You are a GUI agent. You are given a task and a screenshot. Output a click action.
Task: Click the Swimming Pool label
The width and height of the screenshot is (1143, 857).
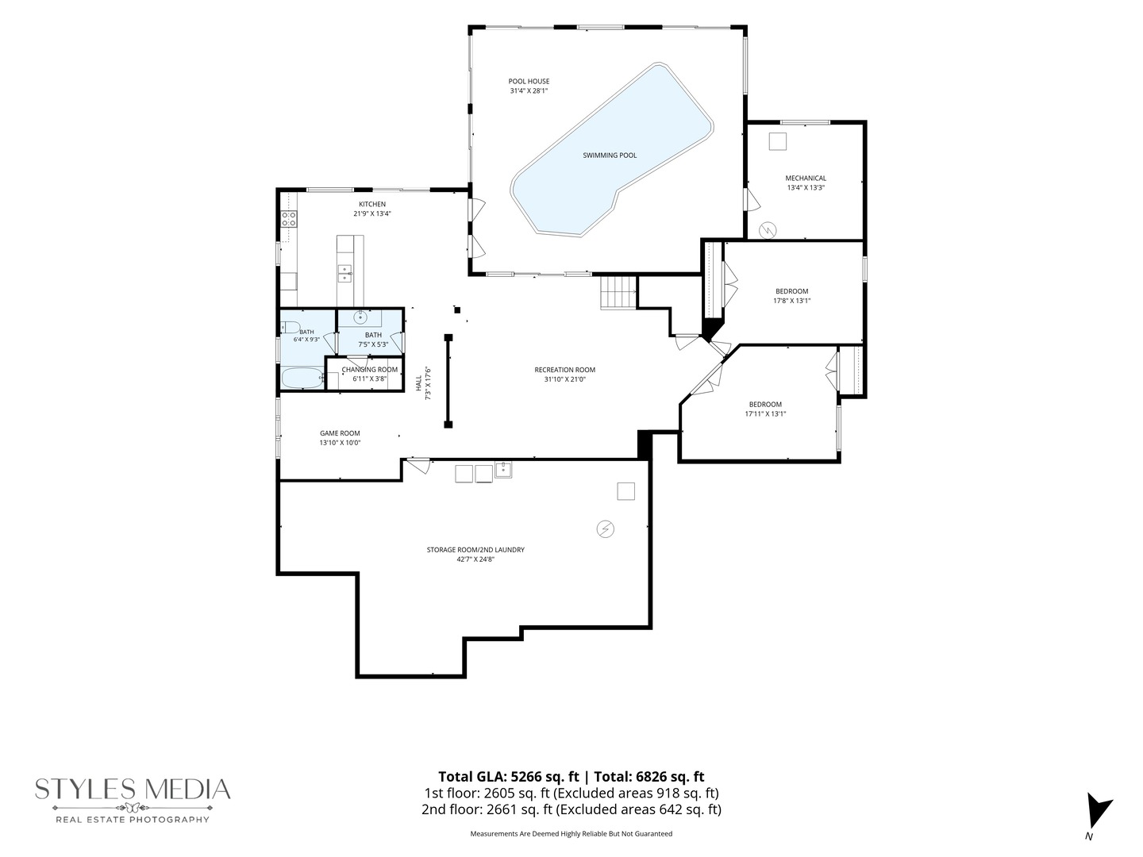(610, 155)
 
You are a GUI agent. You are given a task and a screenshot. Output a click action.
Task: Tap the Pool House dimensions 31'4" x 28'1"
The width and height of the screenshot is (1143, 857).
(529, 90)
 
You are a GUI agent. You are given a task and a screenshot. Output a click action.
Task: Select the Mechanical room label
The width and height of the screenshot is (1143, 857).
(806, 178)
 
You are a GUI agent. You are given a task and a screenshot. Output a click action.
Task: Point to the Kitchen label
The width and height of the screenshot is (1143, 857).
(371, 204)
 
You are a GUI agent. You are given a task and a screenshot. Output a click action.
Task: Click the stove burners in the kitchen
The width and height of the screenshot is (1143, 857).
(288, 218)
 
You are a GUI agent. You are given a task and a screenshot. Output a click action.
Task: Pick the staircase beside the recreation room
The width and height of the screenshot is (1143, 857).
(618, 292)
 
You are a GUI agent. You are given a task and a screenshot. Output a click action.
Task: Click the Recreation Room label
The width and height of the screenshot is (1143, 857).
(564, 370)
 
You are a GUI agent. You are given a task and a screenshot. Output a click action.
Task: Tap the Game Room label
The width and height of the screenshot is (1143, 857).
(340, 433)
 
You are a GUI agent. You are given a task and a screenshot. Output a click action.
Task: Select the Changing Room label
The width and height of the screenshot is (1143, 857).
(369, 370)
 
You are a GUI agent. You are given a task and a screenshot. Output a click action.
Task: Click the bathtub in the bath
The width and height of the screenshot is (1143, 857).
(302, 379)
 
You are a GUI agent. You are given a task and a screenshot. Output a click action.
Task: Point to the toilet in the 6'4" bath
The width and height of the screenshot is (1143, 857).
(291, 327)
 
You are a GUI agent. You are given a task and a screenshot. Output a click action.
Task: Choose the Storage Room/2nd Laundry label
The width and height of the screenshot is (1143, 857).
(475, 549)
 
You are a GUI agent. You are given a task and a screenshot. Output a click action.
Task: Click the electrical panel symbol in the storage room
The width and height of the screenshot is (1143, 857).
(605, 529)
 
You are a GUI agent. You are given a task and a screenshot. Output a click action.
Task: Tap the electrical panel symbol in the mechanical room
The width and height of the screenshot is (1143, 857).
(768, 230)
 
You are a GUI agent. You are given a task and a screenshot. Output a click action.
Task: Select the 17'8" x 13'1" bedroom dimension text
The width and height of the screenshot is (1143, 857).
(791, 300)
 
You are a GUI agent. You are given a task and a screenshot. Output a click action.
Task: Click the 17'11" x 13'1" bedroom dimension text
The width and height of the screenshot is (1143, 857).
(765, 413)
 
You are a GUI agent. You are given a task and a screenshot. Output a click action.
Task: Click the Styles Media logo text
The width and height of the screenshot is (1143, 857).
(133, 790)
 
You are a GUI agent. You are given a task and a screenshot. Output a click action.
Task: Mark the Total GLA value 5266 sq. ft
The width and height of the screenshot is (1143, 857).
(545, 777)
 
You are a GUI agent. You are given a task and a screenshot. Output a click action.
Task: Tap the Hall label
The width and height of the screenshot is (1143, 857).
(418, 383)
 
